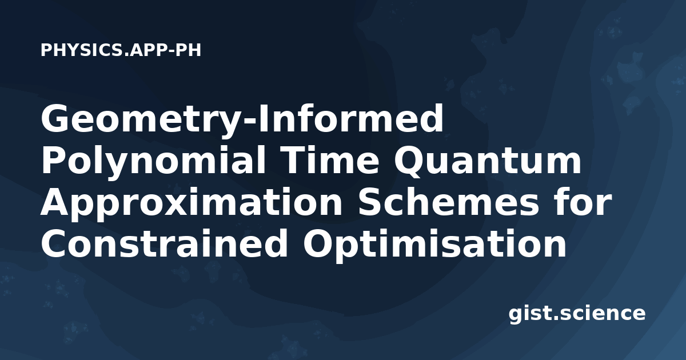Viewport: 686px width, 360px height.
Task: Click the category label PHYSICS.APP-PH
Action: tap(121, 50)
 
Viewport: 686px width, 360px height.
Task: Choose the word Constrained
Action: tap(164, 243)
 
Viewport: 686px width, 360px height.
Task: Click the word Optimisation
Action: tap(434, 246)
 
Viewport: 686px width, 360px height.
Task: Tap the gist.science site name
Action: tap(577, 314)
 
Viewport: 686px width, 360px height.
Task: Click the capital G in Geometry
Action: tap(56, 118)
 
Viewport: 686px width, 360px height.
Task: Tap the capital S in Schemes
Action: tap(371, 202)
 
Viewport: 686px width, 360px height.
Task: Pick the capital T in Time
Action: tap(293, 160)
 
